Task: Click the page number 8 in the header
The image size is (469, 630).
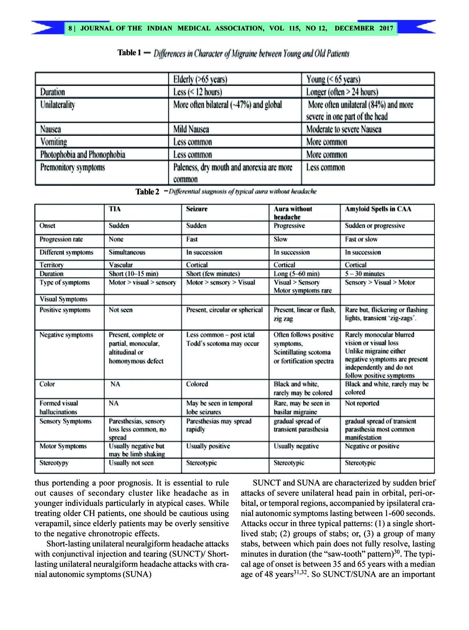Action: coord(70,28)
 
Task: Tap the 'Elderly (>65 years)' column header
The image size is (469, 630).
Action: coord(200,79)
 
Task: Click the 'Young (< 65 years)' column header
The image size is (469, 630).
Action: coord(333,79)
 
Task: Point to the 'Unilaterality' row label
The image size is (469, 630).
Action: coord(57,105)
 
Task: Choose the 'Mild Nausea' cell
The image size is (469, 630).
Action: coord(191,129)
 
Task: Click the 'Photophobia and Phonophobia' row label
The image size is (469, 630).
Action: coord(83,155)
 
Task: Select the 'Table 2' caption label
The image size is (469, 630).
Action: coord(147,192)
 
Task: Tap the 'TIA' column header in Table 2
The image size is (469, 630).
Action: coord(115,209)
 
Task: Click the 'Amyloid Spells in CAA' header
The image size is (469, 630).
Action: coord(378,209)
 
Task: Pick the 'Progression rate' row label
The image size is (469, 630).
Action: coord(61,239)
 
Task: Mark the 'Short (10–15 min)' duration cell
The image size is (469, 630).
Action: coord(133,274)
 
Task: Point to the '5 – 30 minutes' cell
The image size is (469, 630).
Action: coord(365,274)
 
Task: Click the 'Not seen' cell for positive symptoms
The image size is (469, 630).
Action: coord(121,310)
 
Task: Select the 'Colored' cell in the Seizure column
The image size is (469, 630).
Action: coord(197,384)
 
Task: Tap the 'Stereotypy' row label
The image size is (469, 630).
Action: coord(54,463)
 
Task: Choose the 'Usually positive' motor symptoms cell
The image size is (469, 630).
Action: coord(208,446)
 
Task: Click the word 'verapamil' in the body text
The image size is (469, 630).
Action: coord(52,523)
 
